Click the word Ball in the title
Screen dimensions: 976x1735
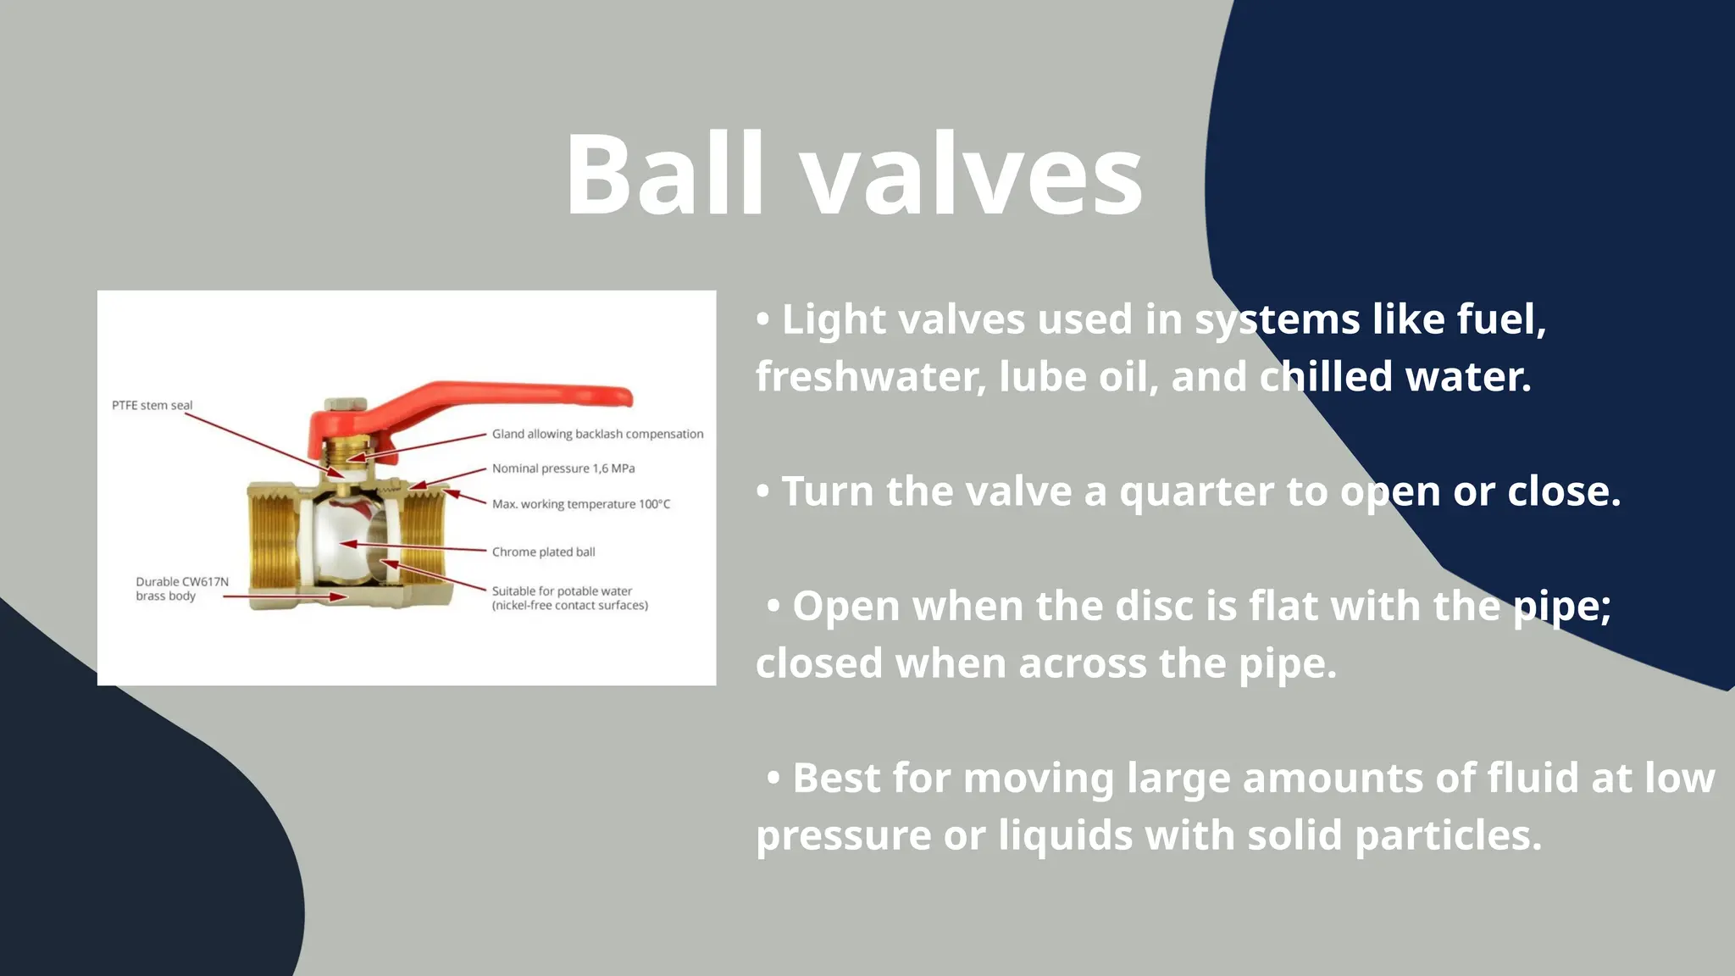click(665, 175)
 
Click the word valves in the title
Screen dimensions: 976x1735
click(972, 175)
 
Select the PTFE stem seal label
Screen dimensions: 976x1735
click(152, 405)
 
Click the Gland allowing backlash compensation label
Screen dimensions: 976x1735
click(597, 434)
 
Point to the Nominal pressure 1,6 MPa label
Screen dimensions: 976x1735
click(563, 469)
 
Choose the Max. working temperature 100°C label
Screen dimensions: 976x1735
click(581, 504)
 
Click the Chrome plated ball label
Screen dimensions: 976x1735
click(543, 552)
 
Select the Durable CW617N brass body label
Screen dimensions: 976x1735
click(181, 588)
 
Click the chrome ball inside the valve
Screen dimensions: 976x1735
click(343, 542)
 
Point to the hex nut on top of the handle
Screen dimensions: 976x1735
click(346, 404)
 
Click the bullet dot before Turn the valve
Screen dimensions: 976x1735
click(763, 491)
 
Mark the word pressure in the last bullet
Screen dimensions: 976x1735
click(842, 835)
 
